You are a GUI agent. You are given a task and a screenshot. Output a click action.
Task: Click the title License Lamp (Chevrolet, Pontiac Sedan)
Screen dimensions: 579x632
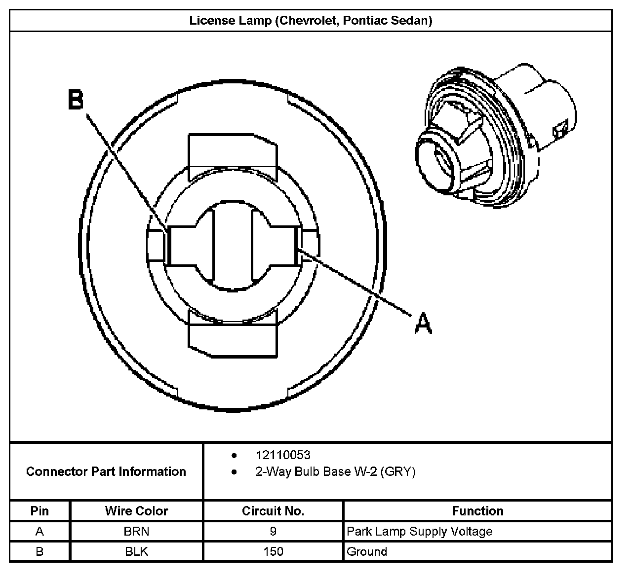(311, 21)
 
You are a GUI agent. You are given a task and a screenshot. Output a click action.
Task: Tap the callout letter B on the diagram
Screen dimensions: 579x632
(76, 100)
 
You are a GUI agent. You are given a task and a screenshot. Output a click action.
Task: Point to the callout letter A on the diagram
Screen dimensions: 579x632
(423, 324)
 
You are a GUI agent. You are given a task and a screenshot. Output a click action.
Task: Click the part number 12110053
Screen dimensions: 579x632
(283, 455)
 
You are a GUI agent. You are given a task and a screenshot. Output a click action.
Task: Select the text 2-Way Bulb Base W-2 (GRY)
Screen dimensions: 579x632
(335, 471)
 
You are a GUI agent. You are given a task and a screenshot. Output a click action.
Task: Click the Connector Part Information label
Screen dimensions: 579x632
(106, 471)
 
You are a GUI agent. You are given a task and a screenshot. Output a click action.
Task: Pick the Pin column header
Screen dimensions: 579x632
(39, 511)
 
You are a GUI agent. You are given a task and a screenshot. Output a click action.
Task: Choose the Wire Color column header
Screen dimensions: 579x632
(136, 511)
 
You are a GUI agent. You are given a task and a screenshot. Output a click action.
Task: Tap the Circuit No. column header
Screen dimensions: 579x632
(273, 511)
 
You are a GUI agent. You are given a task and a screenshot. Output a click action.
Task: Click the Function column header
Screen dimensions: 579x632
(477, 511)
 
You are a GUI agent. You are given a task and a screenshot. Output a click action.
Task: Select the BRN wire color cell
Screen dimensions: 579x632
(136, 531)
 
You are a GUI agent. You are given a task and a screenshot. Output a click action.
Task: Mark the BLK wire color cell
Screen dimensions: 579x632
(136, 551)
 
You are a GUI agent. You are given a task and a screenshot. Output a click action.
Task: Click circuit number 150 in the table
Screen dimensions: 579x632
(273, 551)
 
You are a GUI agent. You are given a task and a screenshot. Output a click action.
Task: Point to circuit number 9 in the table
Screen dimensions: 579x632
(273, 531)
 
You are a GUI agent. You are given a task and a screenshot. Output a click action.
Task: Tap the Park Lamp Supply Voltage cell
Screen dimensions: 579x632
(420, 531)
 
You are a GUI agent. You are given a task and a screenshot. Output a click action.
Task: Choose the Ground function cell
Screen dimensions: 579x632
(367, 551)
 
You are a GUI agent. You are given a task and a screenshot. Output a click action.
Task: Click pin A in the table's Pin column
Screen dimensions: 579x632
(39, 531)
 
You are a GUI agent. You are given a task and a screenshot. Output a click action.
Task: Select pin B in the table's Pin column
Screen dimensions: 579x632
(39, 551)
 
